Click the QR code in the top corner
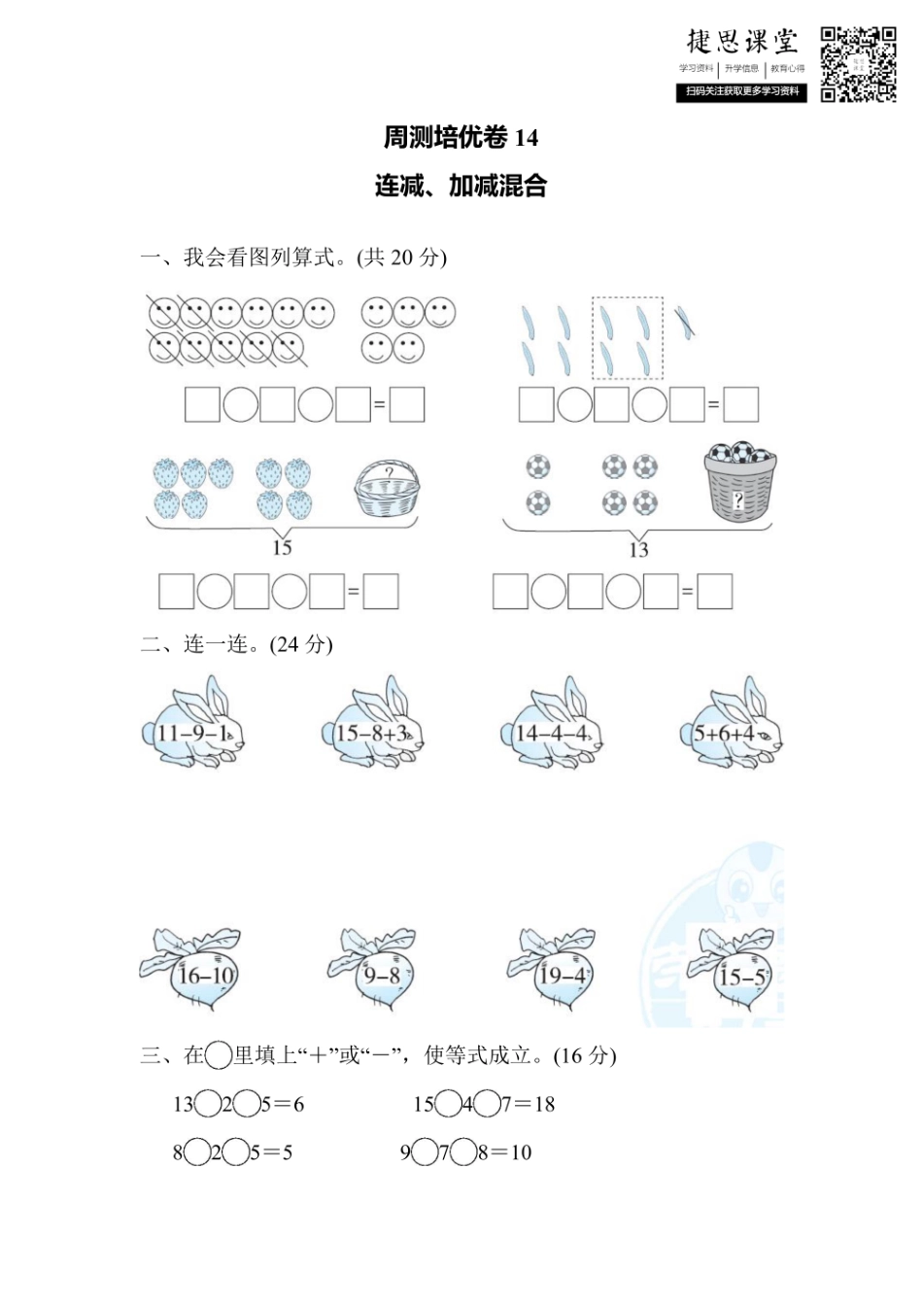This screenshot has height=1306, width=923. click(x=858, y=64)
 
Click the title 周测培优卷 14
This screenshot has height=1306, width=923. click(x=461, y=138)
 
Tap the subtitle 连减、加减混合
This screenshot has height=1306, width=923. click(x=461, y=186)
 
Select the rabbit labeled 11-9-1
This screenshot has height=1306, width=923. click(x=193, y=727)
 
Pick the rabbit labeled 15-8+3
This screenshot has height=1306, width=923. click(x=373, y=727)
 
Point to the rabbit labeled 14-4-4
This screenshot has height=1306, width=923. click(x=552, y=727)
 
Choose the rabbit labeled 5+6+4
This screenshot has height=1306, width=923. click(x=731, y=727)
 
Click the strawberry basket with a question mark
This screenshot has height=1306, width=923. click(x=388, y=488)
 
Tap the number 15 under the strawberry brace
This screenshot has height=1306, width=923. click(x=282, y=548)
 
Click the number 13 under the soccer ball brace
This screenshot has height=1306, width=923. click(x=638, y=550)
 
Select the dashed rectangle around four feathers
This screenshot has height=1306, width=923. click(x=628, y=338)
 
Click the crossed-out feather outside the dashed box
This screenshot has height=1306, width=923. click(x=686, y=322)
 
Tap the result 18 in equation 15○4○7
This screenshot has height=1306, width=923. click(x=543, y=1104)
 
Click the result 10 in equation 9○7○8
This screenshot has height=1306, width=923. click(x=521, y=1152)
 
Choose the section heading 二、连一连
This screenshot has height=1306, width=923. click(x=236, y=644)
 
